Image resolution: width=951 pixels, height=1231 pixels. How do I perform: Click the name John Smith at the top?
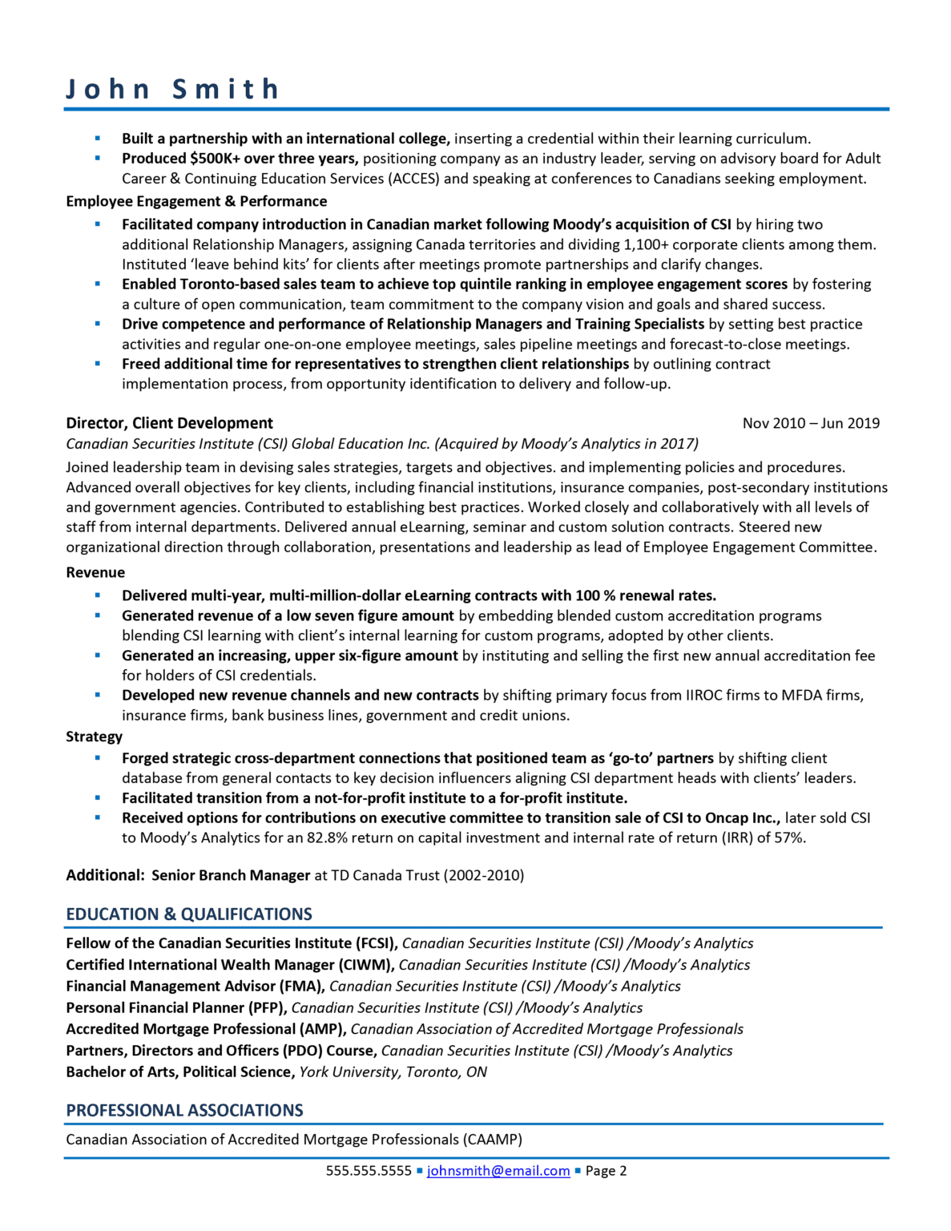click(x=172, y=88)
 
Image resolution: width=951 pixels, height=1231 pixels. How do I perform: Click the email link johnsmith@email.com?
click(x=498, y=1171)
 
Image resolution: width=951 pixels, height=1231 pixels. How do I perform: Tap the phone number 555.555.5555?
click(x=368, y=1171)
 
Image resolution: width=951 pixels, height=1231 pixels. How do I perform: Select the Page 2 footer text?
click(x=606, y=1171)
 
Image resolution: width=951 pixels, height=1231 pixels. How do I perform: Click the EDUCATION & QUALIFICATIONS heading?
click(x=189, y=914)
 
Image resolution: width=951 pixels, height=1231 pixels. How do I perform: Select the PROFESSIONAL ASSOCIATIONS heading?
click(x=184, y=1111)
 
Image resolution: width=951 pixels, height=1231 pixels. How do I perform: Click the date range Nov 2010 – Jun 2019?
click(x=811, y=423)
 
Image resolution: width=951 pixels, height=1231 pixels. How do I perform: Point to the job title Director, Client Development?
click(x=169, y=423)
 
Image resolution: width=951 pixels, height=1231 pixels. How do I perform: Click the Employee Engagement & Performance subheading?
click(x=196, y=201)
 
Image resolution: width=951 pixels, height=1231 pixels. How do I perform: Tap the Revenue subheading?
click(x=95, y=572)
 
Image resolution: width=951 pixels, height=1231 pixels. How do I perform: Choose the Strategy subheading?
click(x=94, y=737)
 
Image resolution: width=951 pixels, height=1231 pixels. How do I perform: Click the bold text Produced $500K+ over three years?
click(x=240, y=159)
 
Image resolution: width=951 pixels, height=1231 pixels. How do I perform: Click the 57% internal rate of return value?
click(x=789, y=838)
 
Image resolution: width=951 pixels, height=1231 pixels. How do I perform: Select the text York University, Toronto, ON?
click(x=393, y=1072)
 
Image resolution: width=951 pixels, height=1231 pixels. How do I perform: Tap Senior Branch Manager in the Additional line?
click(x=231, y=875)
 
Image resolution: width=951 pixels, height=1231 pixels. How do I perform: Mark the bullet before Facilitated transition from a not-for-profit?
click(x=98, y=798)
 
